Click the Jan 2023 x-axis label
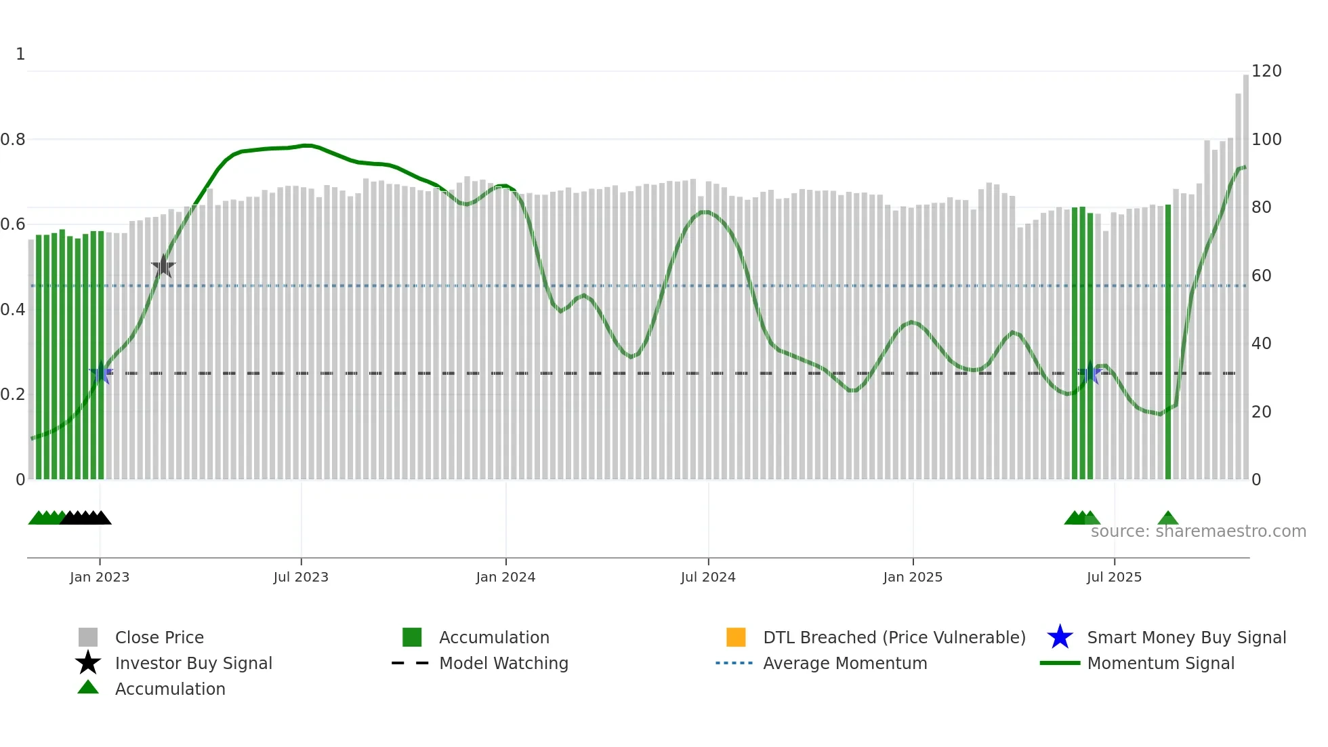tap(99, 578)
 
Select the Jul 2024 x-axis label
tap(708, 578)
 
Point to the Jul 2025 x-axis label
tap(1114, 578)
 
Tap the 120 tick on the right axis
tap(1266, 71)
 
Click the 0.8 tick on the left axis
tap(13, 140)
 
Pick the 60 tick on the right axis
tap(1261, 276)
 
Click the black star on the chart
tap(163, 267)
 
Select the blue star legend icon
tap(1060, 637)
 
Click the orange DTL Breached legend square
tap(736, 637)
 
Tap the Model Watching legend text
tap(503, 664)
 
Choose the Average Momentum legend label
tap(845, 664)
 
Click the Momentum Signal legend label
tap(1161, 664)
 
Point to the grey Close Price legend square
tap(88, 637)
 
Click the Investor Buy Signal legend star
tap(88, 663)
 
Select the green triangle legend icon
tap(88, 688)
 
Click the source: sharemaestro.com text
tap(1198, 531)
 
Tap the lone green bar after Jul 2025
tap(1168, 342)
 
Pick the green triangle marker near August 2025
tap(1168, 519)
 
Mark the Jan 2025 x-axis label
tap(913, 578)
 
